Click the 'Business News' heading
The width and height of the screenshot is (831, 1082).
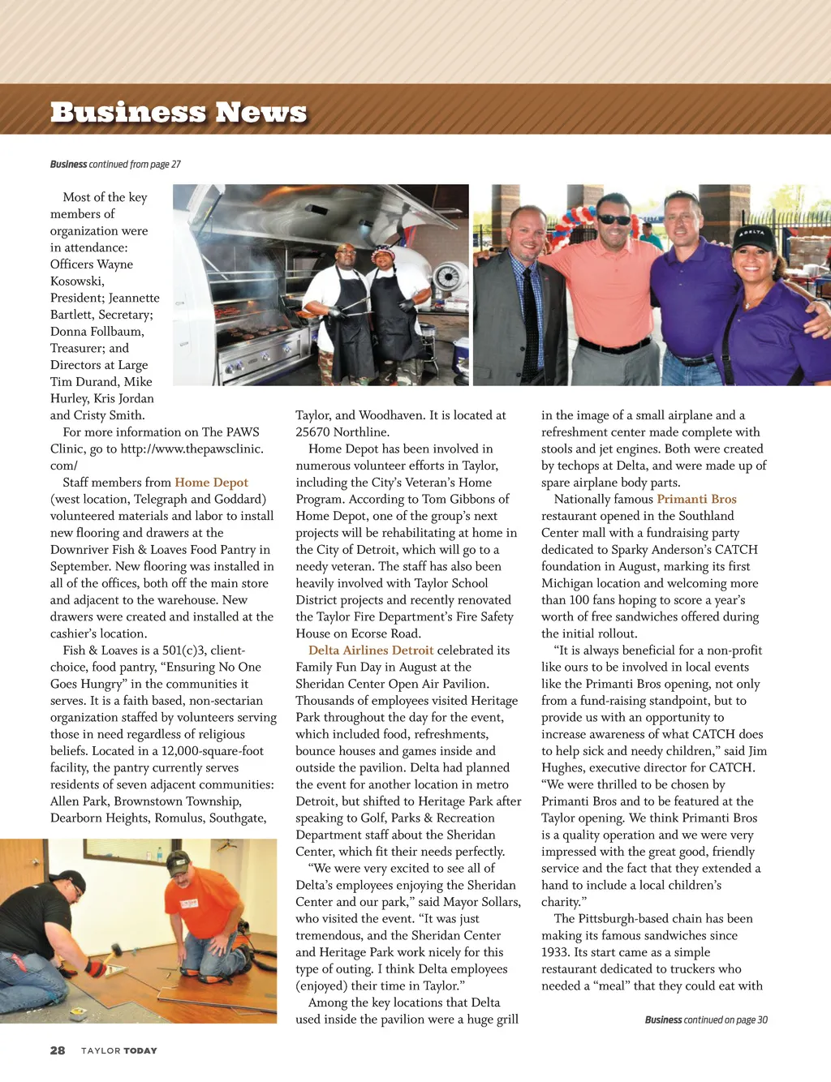[179, 112]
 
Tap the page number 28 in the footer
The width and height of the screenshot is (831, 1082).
[58, 1050]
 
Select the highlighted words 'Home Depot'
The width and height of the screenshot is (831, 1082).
[211, 483]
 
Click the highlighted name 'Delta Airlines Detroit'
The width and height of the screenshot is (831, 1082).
[371, 650]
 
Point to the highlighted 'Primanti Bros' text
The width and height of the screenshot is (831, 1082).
[696, 500]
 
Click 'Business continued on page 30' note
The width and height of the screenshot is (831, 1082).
[706, 1020]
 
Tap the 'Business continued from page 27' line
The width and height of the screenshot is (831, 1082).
[115, 164]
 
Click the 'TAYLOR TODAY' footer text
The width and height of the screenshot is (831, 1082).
[118, 1051]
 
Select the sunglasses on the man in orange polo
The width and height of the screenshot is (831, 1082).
[614, 220]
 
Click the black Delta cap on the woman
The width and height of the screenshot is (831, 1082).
[755, 236]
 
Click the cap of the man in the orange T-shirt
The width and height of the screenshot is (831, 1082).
[178, 862]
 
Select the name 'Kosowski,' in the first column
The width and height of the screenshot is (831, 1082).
[77, 281]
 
